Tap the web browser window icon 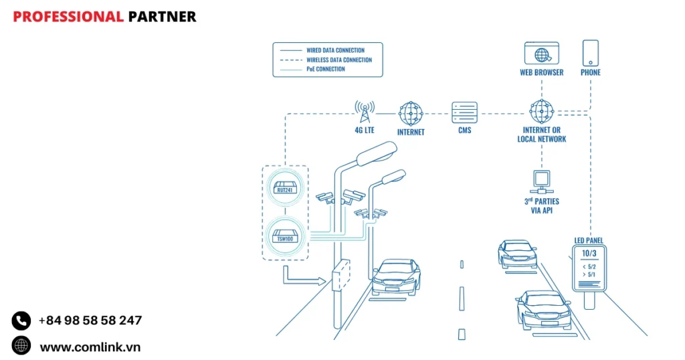tap(541, 53)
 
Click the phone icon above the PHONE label tap(590, 52)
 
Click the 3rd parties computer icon tap(541, 181)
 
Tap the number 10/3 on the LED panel tap(589, 254)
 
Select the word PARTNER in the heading tap(162, 17)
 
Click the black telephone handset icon tap(21, 321)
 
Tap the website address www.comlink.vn tap(90, 347)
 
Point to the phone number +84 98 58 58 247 tap(90, 321)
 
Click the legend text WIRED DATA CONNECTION tap(335, 50)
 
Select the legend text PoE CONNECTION tap(326, 69)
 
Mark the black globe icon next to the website tap(21, 346)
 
